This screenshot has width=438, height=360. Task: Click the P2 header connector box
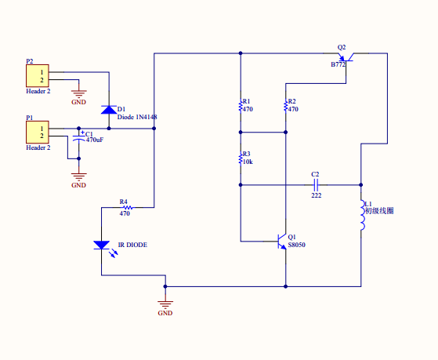38,76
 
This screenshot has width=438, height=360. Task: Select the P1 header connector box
38,132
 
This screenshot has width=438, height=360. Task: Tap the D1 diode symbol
109,110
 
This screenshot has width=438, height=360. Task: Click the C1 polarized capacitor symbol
79,137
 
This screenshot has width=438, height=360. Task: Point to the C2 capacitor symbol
316,185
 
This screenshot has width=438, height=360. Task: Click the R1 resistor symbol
241,106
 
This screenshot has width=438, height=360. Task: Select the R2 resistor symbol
285,106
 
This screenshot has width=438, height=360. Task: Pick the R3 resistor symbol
241,158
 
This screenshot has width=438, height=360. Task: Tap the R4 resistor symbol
128,208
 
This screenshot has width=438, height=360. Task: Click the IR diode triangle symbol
101,245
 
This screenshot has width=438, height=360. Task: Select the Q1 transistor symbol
281,241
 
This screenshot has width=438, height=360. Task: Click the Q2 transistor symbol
346,57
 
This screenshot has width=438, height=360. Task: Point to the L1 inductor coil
362,215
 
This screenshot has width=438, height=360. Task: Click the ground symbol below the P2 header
79,93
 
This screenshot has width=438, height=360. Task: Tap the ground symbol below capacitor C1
79,176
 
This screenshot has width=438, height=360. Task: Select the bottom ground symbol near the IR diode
165,304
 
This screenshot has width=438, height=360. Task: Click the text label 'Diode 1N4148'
137,117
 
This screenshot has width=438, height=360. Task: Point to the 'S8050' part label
297,245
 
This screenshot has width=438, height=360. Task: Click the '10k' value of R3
248,162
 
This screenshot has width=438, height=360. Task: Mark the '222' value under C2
317,195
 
